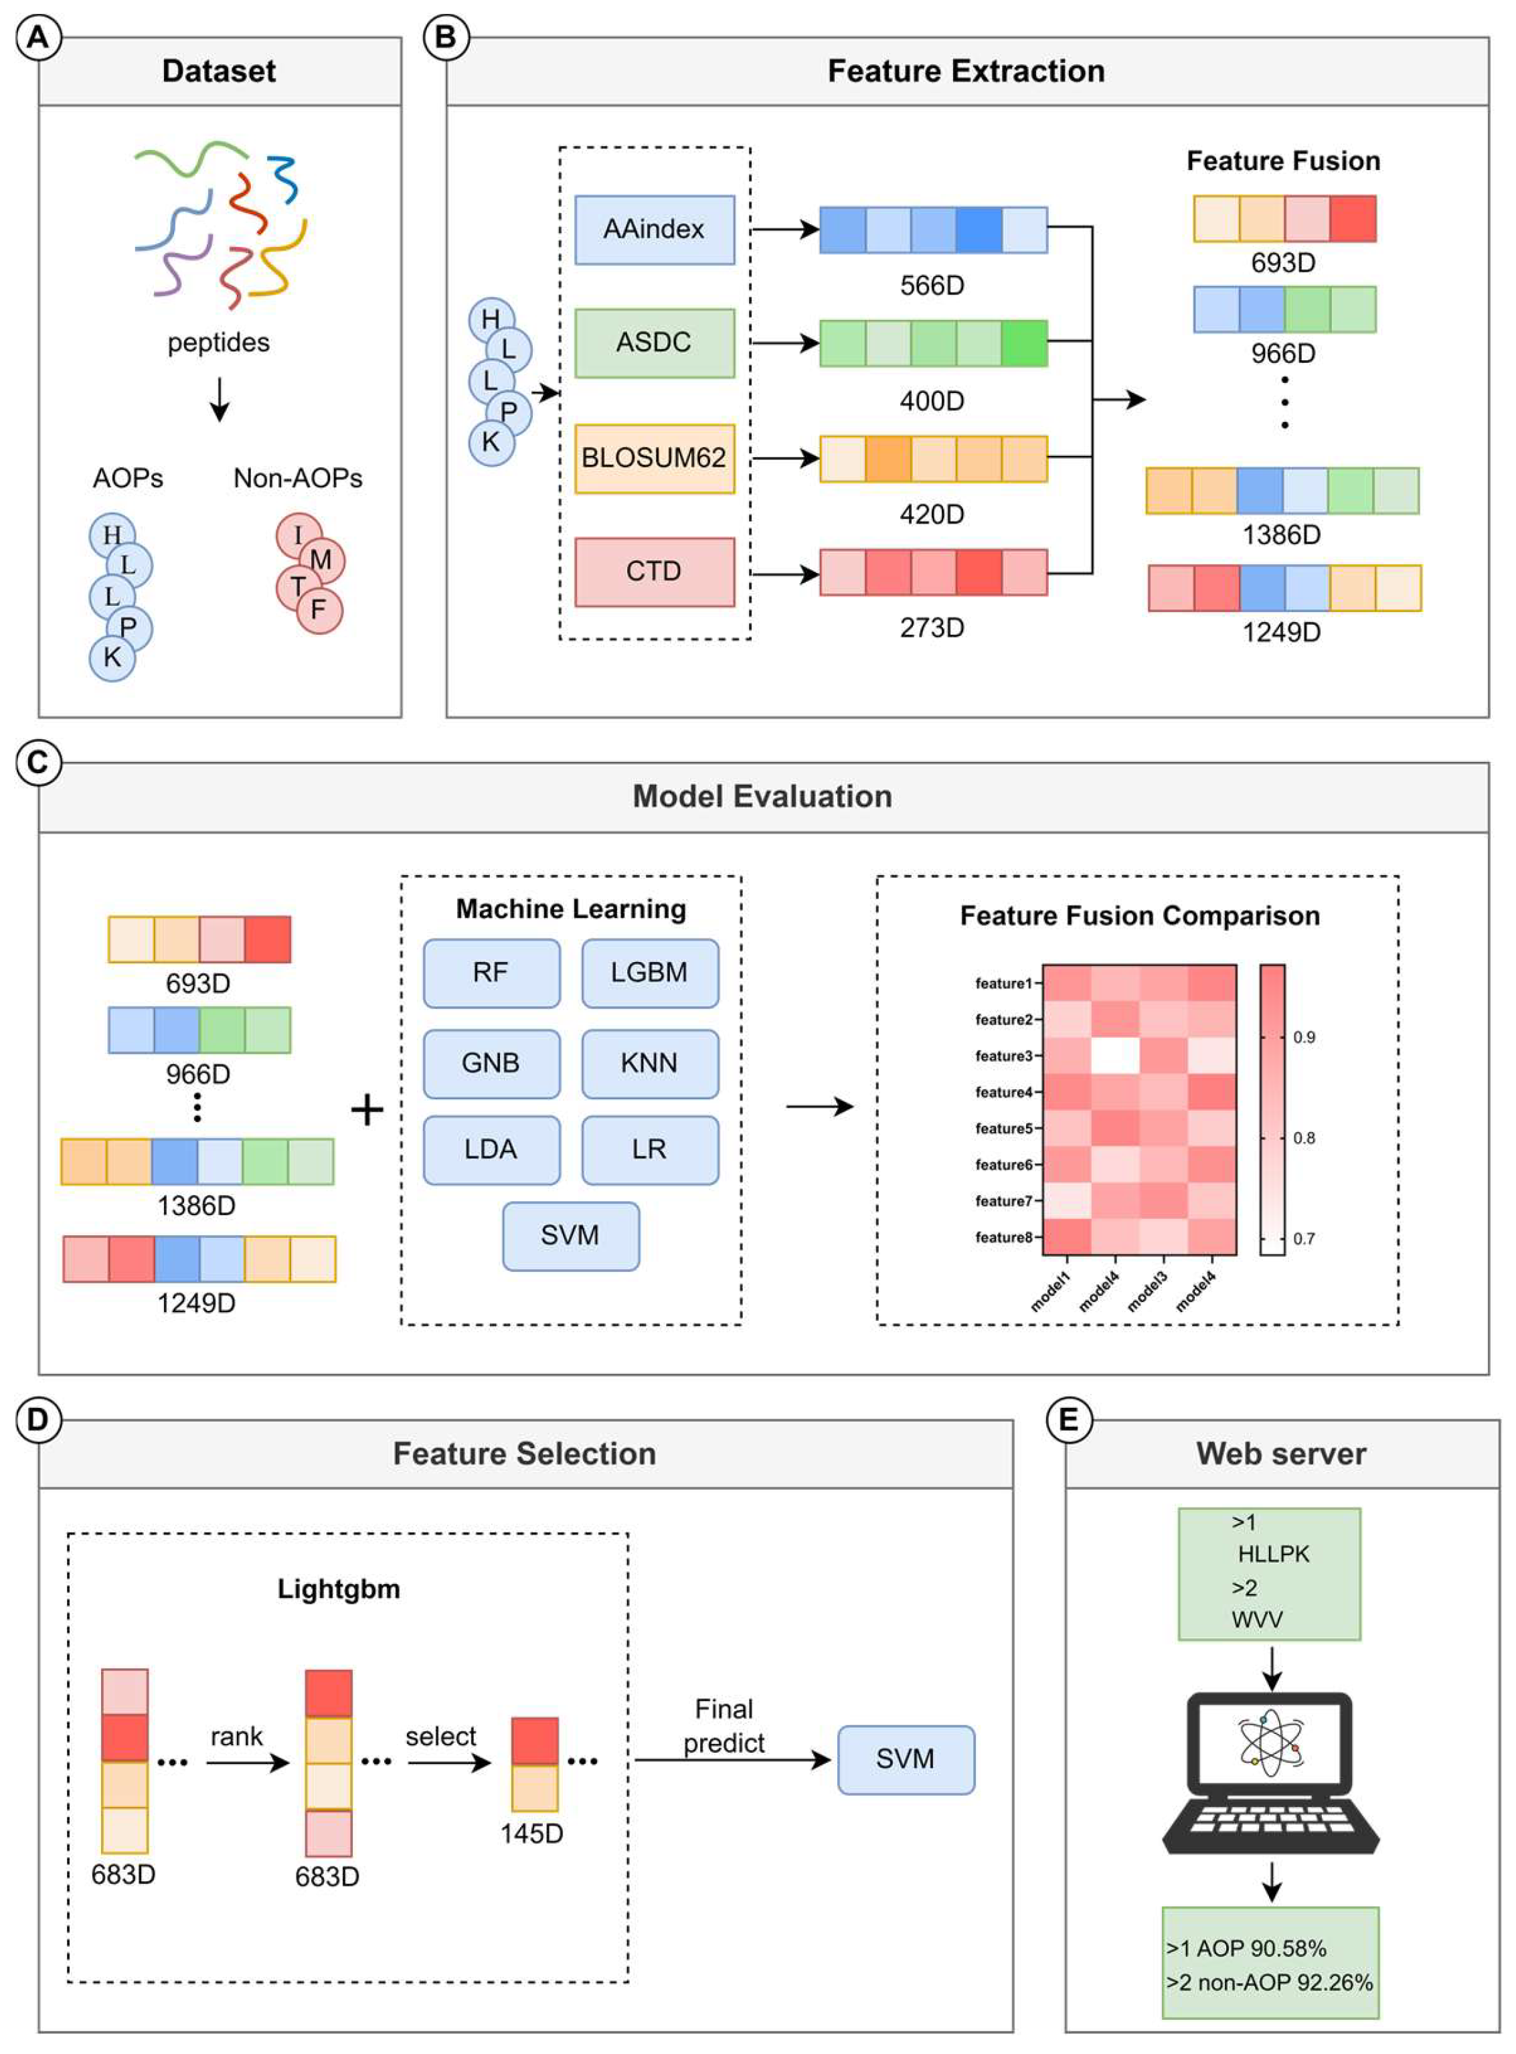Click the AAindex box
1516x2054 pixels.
pyautogui.click(x=655, y=230)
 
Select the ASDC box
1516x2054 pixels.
pyautogui.click(x=655, y=342)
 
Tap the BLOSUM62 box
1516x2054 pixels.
pyautogui.click(x=655, y=458)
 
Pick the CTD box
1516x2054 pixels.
pyautogui.click(x=655, y=572)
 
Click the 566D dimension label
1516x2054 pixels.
pyautogui.click(x=932, y=285)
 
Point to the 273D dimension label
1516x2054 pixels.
pyautogui.click(x=932, y=628)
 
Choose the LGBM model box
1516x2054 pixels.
pyautogui.click(x=650, y=973)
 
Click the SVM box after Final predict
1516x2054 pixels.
pyautogui.click(x=906, y=1759)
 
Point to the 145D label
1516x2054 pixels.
pyautogui.click(x=531, y=1833)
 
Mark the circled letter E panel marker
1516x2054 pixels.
pyautogui.click(x=1069, y=1420)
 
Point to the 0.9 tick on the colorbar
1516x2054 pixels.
pyautogui.click(x=1304, y=1037)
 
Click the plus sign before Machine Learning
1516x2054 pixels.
pyautogui.click(x=367, y=1111)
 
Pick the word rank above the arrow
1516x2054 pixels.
pyautogui.click(x=237, y=1737)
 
